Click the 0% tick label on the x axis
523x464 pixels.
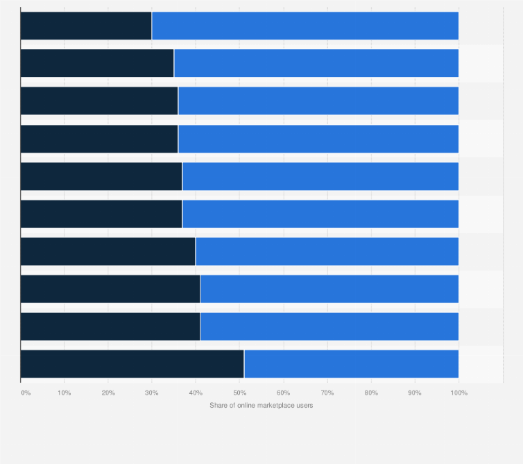click(26, 393)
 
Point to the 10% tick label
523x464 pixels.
click(64, 393)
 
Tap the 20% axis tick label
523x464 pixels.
click(108, 393)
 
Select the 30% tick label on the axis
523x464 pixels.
click(152, 393)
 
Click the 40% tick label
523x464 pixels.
click(196, 393)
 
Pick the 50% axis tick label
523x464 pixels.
click(239, 393)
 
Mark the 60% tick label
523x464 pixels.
click(283, 393)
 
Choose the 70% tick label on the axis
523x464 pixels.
click(327, 393)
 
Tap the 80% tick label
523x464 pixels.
click(371, 393)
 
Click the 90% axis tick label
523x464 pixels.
click(415, 393)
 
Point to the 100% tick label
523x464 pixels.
click(458, 393)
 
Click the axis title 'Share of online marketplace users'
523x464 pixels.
click(261, 405)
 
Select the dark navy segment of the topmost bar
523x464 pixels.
click(86, 26)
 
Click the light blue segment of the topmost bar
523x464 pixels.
click(305, 26)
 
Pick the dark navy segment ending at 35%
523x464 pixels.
click(97, 63)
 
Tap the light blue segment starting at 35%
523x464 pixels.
click(316, 63)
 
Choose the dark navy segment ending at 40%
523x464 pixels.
click(108, 251)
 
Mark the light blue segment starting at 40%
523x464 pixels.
click(327, 251)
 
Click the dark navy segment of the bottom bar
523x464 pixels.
click(132, 363)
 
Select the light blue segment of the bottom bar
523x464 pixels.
click(351, 363)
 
